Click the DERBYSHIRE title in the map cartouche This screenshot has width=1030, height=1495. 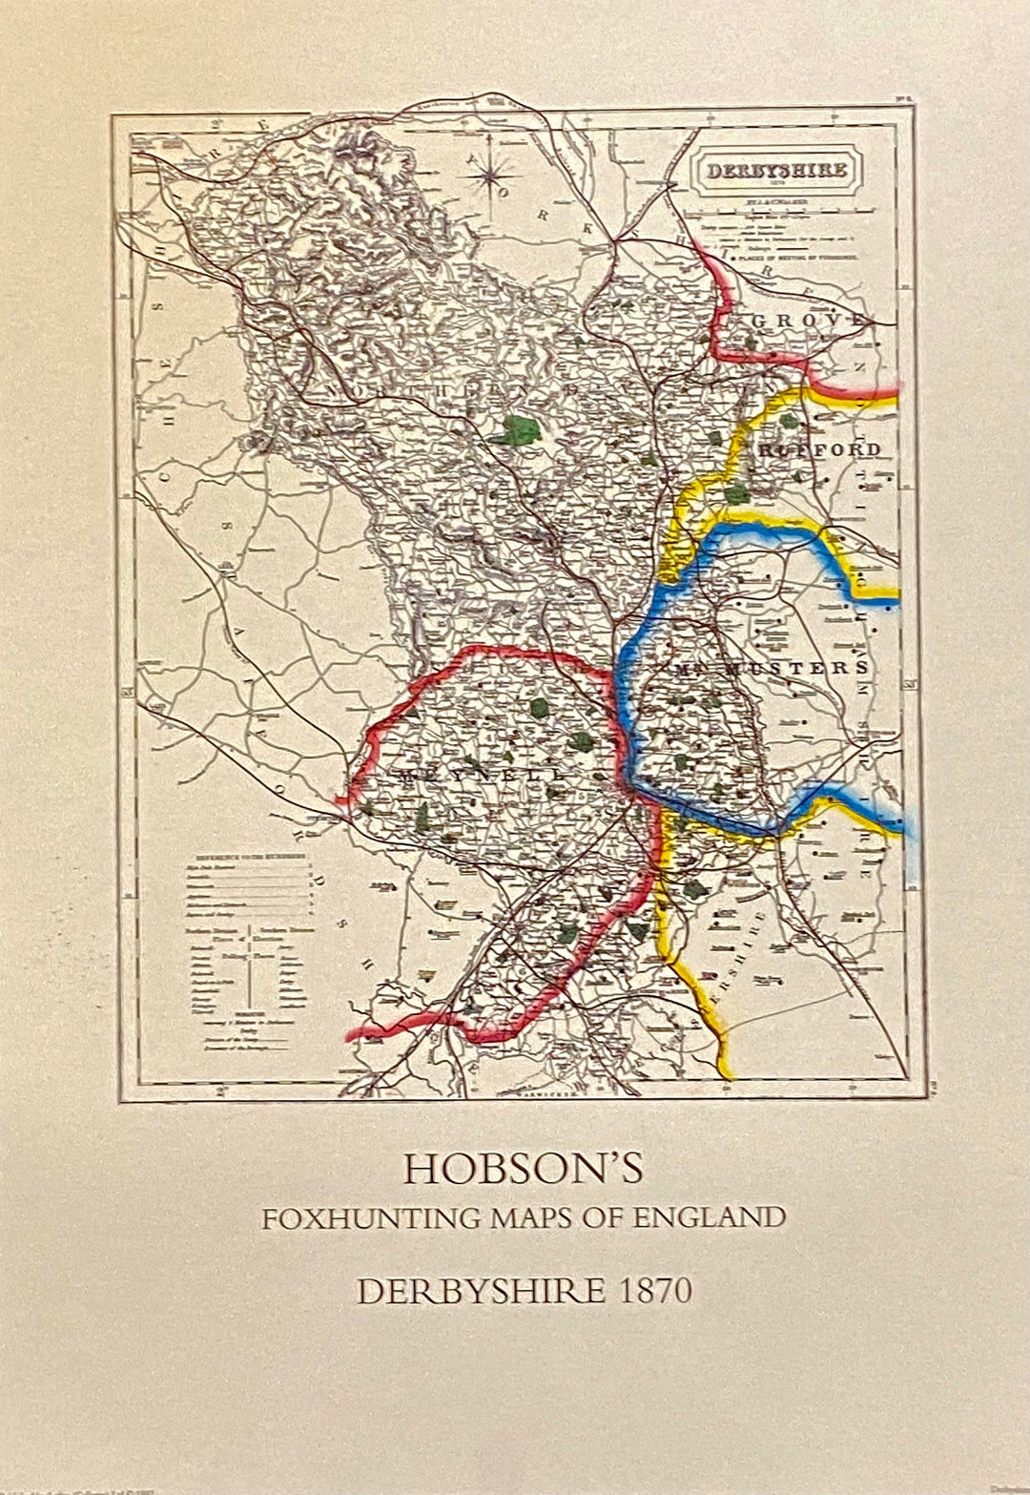tap(776, 172)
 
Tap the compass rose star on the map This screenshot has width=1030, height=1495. tap(492, 174)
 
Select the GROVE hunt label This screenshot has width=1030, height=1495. tap(809, 321)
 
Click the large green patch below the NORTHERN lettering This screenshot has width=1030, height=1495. tap(517, 430)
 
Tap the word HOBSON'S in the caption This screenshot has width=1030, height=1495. tap(523, 1169)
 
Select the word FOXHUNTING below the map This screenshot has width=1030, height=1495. tap(372, 1218)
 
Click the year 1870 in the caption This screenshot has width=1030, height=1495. tap(655, 1291)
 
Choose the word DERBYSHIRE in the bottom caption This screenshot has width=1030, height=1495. tap(481, 1291)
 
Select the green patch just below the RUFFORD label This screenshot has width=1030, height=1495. tap(735, 494)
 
